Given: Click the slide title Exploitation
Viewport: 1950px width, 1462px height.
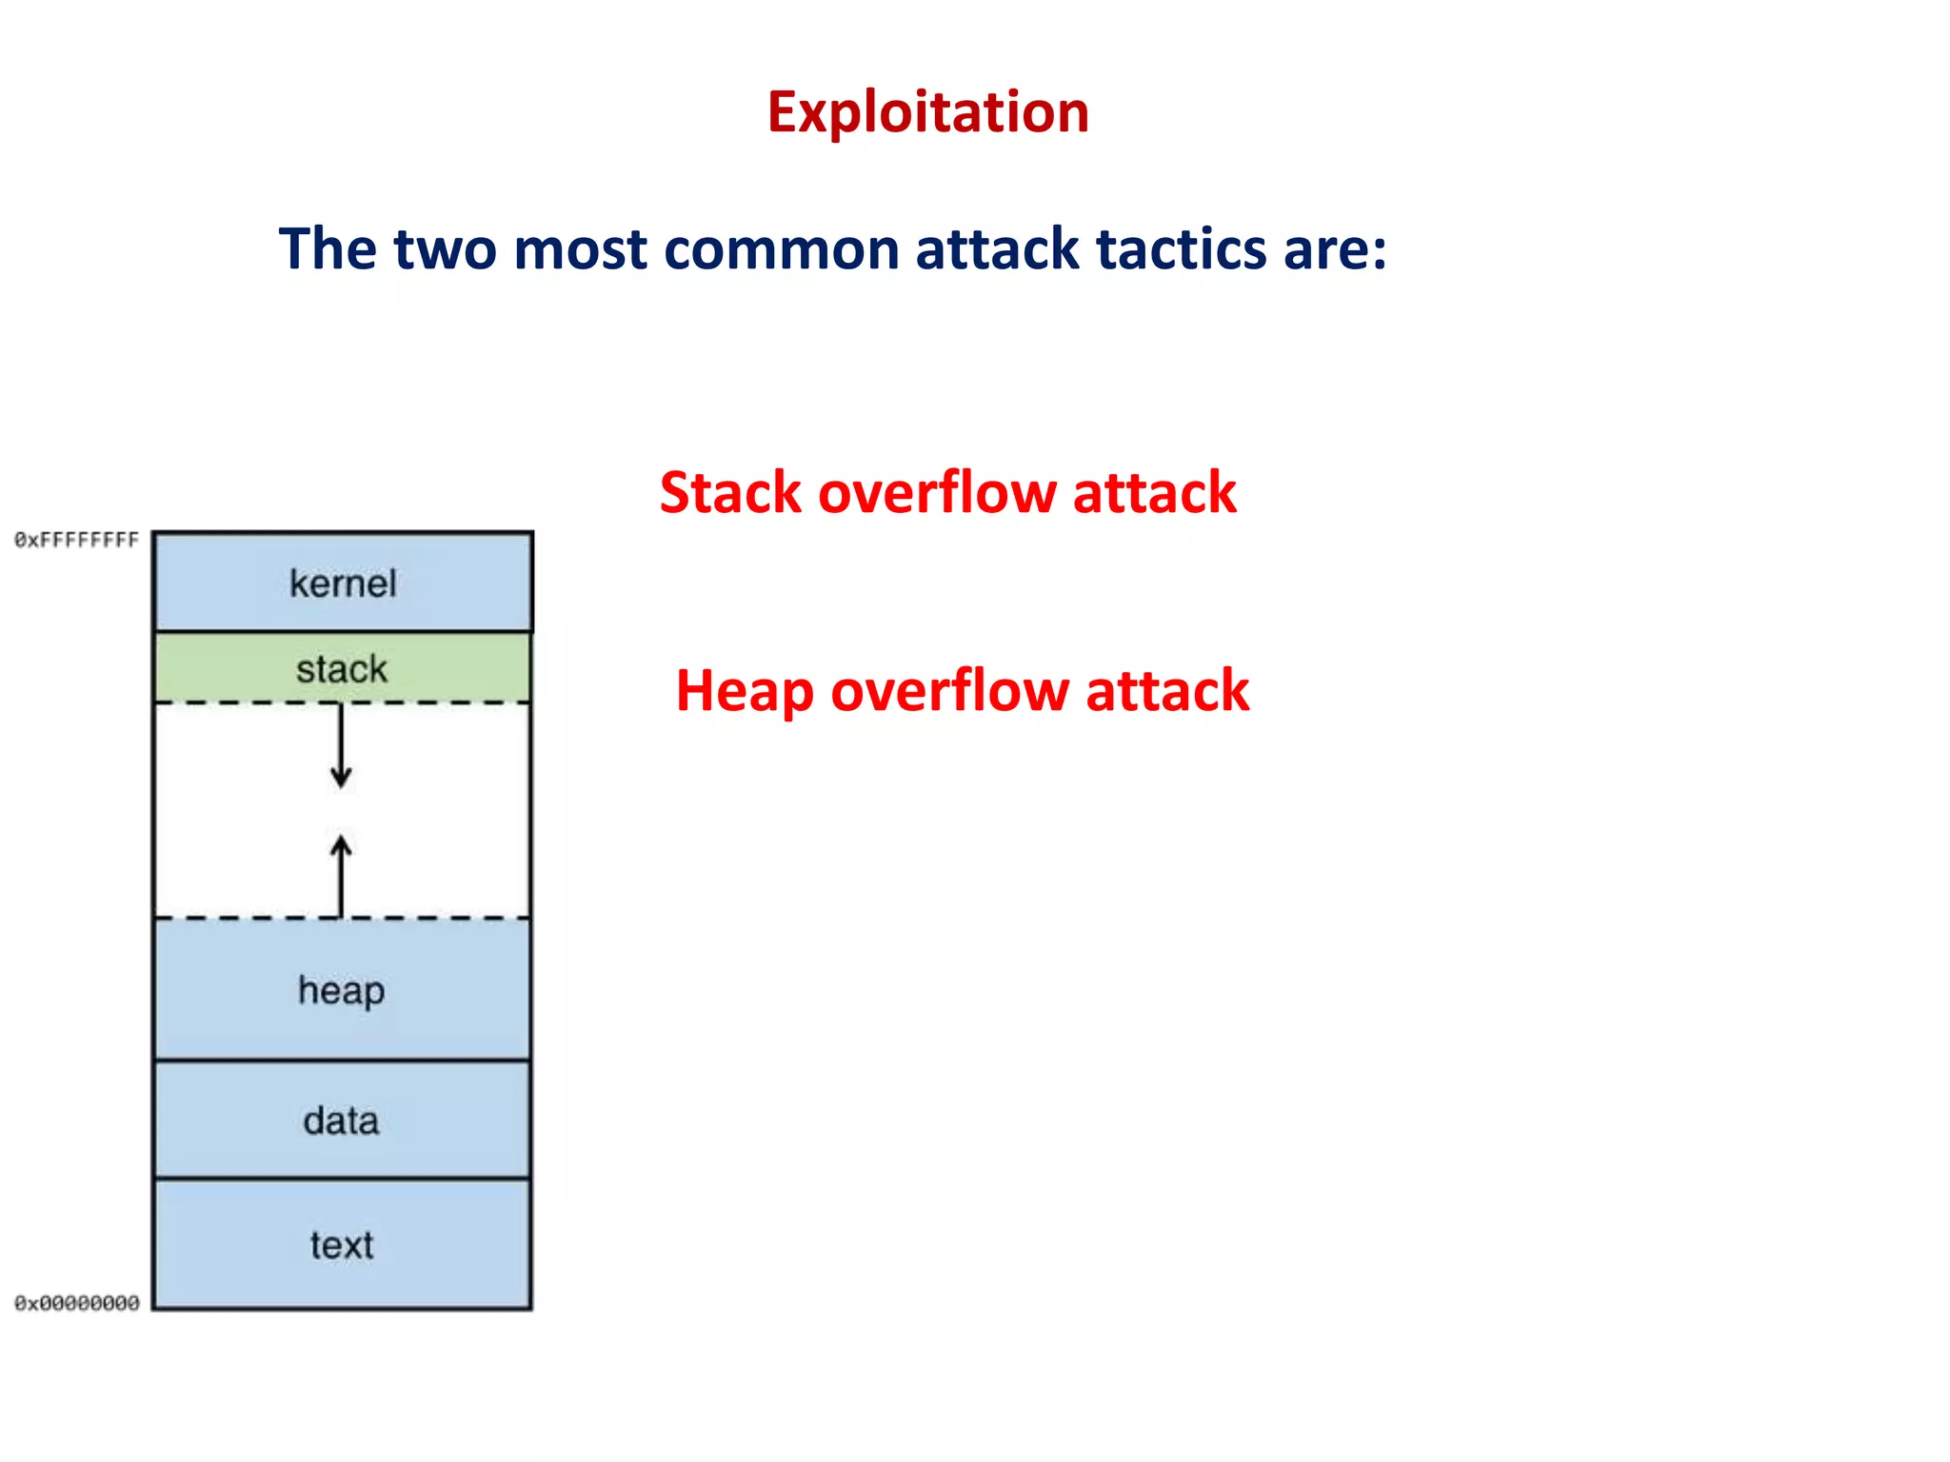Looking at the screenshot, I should click(x=927, y=112).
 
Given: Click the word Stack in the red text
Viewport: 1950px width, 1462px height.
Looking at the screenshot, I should click(x=730, y=493).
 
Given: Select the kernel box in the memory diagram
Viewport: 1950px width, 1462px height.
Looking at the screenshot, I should click(x=343, y=583).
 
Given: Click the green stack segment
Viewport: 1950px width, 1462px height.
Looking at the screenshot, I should click(x=343, y=668).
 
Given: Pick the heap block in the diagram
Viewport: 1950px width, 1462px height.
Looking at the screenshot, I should click(x=343, y=990).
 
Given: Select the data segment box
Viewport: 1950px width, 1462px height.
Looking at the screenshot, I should click(x=343, y=1120).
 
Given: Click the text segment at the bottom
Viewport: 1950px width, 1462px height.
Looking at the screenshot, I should click(x=343, y=1245).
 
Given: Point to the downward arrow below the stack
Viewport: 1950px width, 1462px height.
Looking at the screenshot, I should click(x=341, y=747).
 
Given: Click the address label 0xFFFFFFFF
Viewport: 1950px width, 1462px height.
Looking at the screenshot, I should click(x=76, y=541).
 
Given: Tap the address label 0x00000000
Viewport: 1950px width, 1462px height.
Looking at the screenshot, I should click(x=76, y=1303).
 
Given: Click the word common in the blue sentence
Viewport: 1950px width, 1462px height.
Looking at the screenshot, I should click(x=781, y=249).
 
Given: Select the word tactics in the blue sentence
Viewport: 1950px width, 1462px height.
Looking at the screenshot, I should click(x=1182, y=249).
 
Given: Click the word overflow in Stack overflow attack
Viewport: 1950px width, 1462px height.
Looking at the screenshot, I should click(x=937, y=493).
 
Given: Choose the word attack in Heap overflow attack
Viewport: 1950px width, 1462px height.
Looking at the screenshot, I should click(x=1167, y=691).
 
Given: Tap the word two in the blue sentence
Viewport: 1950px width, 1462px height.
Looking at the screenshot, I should click(x=445, y=249).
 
